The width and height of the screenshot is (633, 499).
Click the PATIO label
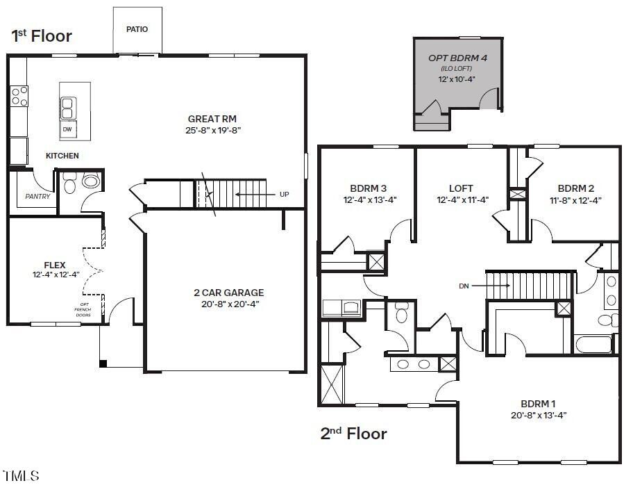tap(137, 29)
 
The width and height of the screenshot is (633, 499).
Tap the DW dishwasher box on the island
tap(68, 129)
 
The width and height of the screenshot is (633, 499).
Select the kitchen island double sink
tap(68, 108)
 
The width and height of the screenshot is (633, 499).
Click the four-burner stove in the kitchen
tap(19, 96)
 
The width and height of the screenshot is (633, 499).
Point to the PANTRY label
tap(37, 196)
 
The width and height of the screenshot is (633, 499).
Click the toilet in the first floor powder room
tap(70, 183)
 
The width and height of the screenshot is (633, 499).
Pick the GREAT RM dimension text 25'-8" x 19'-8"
tap(213, 130)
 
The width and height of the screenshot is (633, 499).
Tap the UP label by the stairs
tap(284, 194)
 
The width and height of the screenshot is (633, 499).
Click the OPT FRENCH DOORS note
tap(83, 310)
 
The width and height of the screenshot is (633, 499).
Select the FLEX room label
tap(55, 265)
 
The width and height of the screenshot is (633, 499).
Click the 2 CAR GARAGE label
tap(229, 293)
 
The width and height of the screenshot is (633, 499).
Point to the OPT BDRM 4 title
tap(457, 58)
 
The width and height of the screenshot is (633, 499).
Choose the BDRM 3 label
tap(368, 188)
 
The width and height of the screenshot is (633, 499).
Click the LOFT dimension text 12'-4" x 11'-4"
tap(463, 199)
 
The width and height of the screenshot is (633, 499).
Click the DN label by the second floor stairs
tap(464, 286)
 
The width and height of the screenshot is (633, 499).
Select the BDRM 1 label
tap(538, 404)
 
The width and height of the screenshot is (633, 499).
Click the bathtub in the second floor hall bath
tap(594, 344)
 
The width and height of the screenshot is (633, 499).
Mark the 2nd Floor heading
tap(354, 434)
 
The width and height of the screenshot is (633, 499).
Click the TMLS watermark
tap(21, 475)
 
